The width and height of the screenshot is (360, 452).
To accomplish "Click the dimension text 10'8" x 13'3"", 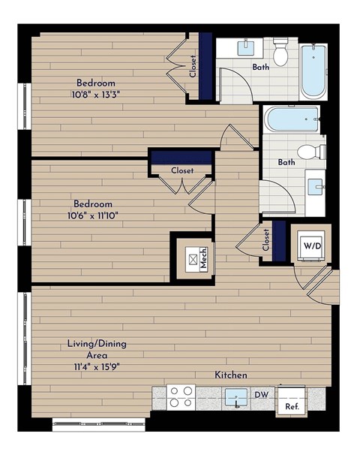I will pyautogui.click(x=94, y=95).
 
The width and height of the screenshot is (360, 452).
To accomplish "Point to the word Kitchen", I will pyautogui.click(x=232, y=375).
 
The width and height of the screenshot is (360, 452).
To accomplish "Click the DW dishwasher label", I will pyautogui.click(x=262, y=393).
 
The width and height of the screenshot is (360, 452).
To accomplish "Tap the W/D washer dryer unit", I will pyautogui.click(x=310, y=245).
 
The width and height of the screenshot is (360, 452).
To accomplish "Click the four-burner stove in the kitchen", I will pyautogui.click(x=181, y=396).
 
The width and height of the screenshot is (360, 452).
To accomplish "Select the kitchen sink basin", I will pyautogui.click(x=238, y=396).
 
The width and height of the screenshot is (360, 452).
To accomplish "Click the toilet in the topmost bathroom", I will pyautogui.click(x=281, y=52).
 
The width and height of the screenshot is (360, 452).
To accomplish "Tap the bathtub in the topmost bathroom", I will pyautogui.click(x=313, y=71).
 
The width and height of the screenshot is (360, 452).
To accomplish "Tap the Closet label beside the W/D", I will pyautogui.click(x=266, y=240).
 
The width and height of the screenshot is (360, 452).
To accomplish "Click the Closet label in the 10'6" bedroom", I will pyautogui.click(x=181, y=170).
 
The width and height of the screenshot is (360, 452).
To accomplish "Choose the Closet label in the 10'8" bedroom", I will pyautogui.click(x=193, y=67).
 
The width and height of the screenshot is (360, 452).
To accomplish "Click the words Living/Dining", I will pyautogui.click(x=97, y=344).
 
